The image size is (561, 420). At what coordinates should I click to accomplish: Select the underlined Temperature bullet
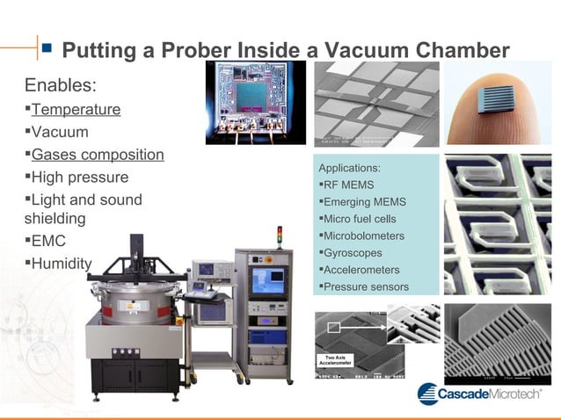[76, 110]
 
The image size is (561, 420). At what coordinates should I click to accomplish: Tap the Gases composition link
[98, 155]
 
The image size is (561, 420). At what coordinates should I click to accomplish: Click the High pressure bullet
[79, 177]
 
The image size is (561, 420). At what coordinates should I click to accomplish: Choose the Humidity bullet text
[61, 264]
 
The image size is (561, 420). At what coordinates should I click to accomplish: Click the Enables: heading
[61, 86]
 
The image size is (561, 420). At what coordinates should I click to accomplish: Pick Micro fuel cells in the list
[360, 218]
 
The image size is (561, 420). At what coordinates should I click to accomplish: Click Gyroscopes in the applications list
[353, 252]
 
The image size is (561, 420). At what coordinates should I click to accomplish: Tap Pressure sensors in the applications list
[366, 286]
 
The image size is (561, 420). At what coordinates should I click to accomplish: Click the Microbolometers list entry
[364, 235]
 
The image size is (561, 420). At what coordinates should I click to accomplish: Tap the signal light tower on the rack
[280, 235]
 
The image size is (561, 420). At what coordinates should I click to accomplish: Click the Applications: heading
[349, 167]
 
